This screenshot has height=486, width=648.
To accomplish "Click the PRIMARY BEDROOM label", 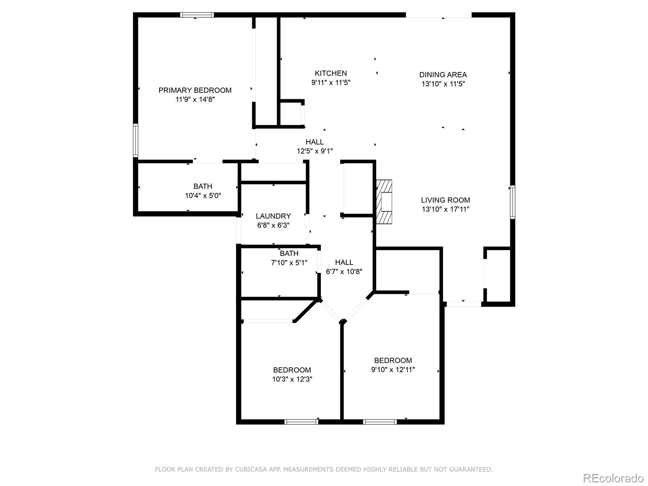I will (x=195, y=90).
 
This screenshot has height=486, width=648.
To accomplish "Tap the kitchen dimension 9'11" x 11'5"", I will (x=330, y=83).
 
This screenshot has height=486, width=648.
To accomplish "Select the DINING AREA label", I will (x=443, y=75).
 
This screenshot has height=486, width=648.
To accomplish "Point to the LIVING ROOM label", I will (x=445, y=200).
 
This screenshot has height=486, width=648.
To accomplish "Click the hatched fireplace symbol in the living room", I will (x=384, y=202).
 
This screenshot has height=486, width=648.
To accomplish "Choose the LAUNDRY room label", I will (x=273, y=216).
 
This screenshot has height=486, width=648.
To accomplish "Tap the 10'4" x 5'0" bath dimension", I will (x=202, y=196).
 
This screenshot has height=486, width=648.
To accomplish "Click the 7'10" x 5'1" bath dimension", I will (x=289, y=262).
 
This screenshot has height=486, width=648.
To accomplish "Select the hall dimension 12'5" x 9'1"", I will (x=315, y=151).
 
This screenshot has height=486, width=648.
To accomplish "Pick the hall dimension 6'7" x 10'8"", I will (x=344, y=271).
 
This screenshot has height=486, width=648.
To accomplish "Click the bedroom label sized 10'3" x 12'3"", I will (x=292, y=370).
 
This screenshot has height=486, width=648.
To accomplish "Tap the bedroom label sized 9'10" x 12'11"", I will (x=393, y=360).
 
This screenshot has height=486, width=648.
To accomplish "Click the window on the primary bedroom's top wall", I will (x=197, y=15).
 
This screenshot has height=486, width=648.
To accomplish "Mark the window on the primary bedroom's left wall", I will (x=136, y=141).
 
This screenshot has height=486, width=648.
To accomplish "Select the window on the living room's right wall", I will (x=512, y=202).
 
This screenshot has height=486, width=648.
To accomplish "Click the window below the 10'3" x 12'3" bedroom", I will (x=301, y=422).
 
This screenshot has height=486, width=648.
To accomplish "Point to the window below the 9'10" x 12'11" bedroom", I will (x=379, y=422).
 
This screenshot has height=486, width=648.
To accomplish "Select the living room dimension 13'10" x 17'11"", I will (x=445, y=209).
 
